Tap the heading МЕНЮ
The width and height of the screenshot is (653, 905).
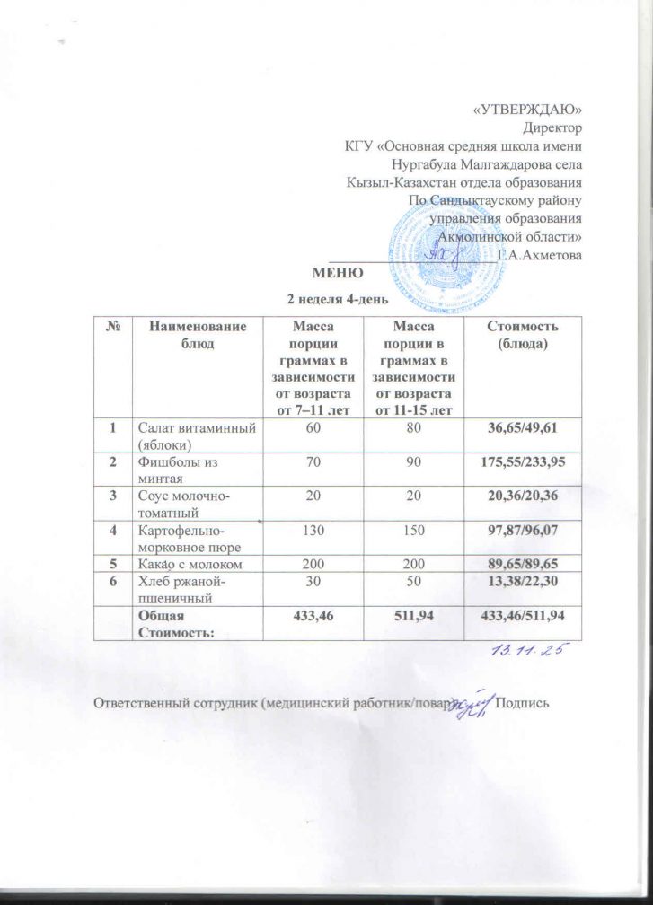click(337, 273)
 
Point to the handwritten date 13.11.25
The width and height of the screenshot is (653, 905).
click(530, 649)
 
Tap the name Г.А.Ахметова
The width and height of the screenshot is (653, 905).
click(539, 255)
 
